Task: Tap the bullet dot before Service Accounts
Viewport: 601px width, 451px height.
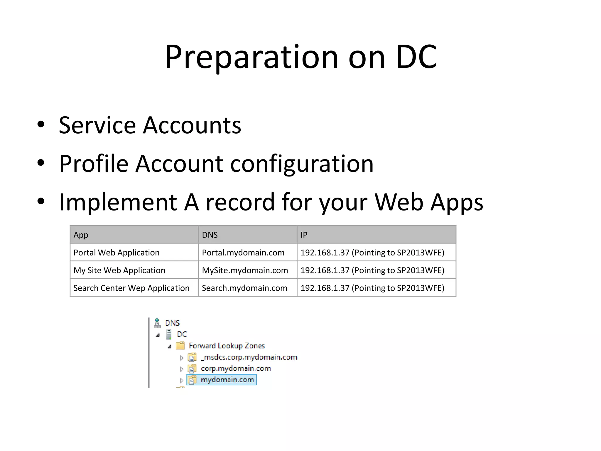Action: click(x=41, y=124)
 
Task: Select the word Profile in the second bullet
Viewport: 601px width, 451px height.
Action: click(x=94, y=164)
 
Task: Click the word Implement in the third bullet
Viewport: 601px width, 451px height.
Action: click(x=118, y=202)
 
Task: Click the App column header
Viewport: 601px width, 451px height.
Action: click(x=81, y=235)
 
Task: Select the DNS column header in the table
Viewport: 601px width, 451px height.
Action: click(x=210, y=235)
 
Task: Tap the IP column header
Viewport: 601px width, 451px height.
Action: click(x=304, y=235)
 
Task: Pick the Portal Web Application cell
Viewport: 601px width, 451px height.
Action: click(x=117, y=253)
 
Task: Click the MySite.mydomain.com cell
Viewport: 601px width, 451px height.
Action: click(x=245, y=270)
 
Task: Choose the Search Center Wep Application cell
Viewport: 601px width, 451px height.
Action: click(x=131, y=288)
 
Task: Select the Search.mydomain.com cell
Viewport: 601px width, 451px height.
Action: click(x=244, y=288)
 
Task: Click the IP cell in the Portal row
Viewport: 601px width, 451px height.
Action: click(x=372, y=253)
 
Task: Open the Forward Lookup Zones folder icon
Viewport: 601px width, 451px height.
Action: click(x=180, y=346)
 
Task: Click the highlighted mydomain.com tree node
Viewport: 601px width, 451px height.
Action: click(x=227, y=380)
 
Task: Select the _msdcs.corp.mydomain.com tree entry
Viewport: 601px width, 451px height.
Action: click(x=249, y=357)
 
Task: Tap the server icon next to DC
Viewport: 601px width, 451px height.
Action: click(x=169, y=334)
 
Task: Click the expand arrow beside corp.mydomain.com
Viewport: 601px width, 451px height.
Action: click(x=181, y=369)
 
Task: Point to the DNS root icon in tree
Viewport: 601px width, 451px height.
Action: click(x=157, y=323)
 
